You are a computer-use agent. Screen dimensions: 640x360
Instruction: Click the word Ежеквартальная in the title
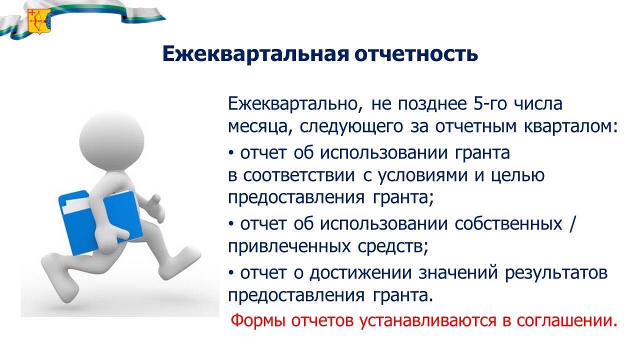(x=255, y=53)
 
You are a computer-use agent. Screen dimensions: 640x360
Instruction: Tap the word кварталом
(x=570, y=126)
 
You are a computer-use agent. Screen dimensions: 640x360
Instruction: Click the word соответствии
(x=299, y=175)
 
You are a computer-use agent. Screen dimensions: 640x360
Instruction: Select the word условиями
(x=423, y=176)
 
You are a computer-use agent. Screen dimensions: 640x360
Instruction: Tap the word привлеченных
(x=289, y=246)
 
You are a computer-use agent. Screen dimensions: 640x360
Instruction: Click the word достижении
(x=360, y=273)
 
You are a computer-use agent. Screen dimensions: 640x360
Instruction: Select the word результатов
(x=556, y=273)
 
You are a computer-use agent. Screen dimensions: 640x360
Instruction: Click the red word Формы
(x=258, y=320)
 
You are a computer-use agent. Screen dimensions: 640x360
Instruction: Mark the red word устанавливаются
(x=427, y=321)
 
